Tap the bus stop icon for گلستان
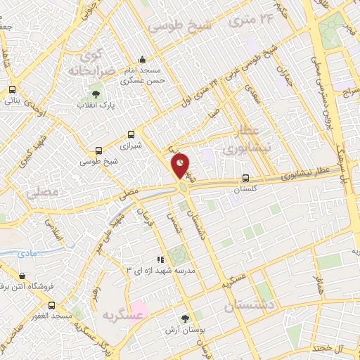[x=245, y=178]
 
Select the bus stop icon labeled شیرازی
[x=131, y=135]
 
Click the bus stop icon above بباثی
[x=12, y=89]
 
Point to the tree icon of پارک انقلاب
[x=96, y=94]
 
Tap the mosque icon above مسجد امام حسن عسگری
[x=143, y=59]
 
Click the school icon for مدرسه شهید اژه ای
[x=160, y=259]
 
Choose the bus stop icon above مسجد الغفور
[x=51, y=305]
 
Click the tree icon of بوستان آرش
[x=186, y=319]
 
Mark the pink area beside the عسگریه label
[x=138, y=309]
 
